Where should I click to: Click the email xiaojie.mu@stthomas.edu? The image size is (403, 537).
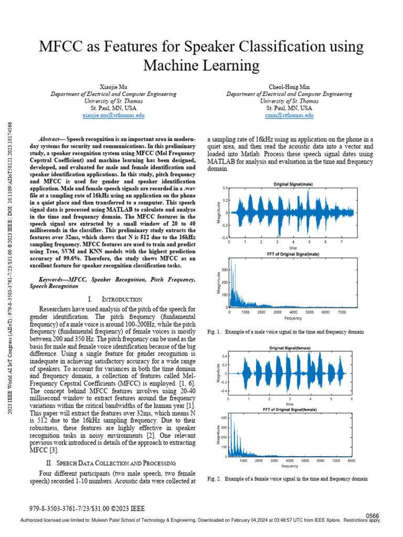pos(113,115)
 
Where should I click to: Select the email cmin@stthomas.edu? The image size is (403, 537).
pos(289,115)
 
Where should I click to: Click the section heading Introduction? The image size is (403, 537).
pos(122,298)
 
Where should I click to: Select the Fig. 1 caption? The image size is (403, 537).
pos(285,332)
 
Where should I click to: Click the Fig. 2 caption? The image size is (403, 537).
pos(287,479)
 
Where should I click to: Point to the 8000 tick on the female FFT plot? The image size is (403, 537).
pos(351,460)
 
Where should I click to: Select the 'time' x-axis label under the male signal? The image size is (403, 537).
pos(293,248)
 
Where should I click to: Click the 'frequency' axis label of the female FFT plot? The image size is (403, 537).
pos(290,466)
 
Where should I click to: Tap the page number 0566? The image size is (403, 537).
pos(372,516)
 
